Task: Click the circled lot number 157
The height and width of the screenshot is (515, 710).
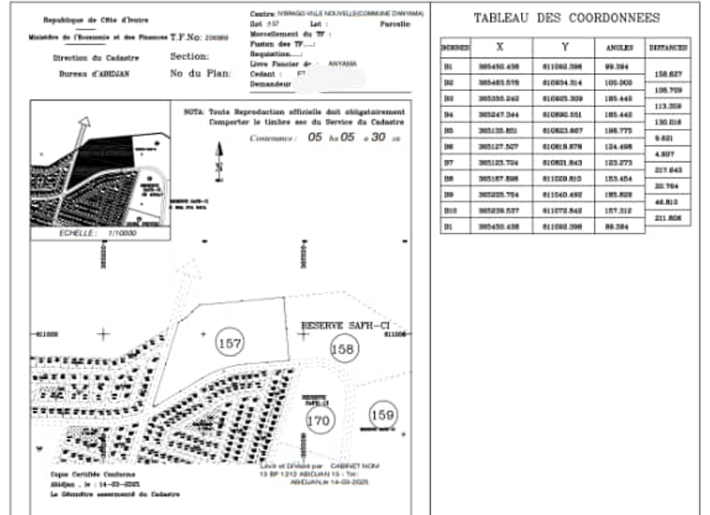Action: click(x=230, y=342)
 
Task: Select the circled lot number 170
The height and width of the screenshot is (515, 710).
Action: click(x=320, y=421)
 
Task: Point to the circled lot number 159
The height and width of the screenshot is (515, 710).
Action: click(x=382, y=413)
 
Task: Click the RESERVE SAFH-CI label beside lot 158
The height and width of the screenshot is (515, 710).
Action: click(x=344, y=326)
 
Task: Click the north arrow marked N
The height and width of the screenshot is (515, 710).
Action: click(x=219, y=160)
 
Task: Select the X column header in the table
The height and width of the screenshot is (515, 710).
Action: click(x=500, y=47)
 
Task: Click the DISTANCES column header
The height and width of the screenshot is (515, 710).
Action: click(x=668, y=48)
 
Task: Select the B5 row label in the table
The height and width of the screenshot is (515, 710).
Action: click(x=449, y=131)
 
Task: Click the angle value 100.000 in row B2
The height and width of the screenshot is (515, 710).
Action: click(x=621, y=81)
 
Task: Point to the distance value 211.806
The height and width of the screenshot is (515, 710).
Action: click(x=668, y=218)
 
